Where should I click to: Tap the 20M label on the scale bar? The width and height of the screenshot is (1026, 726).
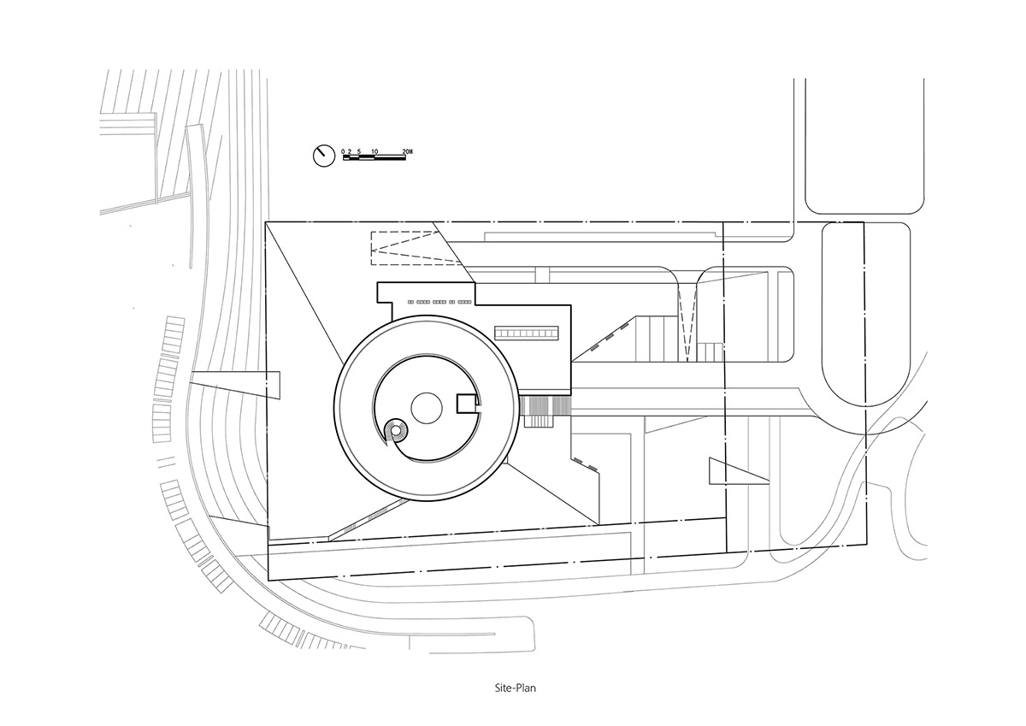point(407,151)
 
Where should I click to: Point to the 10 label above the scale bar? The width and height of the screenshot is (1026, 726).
point(374,151)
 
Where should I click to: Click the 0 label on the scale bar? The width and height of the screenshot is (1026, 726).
point(343,151)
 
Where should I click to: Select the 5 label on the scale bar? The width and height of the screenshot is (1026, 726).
point(359,151)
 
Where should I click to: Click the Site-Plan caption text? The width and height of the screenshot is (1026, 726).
point(516,701)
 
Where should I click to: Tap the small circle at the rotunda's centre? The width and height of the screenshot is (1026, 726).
point(427,408)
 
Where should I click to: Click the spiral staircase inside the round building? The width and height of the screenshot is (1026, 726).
point(396,431)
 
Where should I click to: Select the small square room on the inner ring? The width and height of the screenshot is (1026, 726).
point(468,404)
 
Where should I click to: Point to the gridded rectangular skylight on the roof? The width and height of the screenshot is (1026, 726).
point(527,333)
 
